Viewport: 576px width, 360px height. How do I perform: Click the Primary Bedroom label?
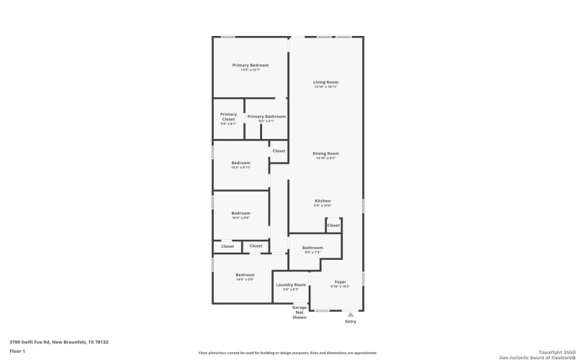[250, 66]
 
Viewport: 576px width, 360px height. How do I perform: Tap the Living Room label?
[325, 82]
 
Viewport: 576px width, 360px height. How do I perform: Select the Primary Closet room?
[228, 118]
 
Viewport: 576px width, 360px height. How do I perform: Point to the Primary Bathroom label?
[266, 117]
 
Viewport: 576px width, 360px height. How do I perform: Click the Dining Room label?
[325, 153]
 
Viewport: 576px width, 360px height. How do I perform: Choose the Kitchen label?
[323, 201]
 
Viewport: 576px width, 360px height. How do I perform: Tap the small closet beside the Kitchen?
[333, 225]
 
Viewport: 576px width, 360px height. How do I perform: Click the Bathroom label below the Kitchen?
[312, 248]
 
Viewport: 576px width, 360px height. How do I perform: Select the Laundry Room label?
[291, 285]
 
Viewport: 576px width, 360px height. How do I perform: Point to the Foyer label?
[340, 282]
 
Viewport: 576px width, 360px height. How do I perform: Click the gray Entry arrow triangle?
[351, 314]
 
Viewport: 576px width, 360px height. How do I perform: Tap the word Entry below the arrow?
[351, 321]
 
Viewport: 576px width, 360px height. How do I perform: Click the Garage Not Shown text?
[300, 312]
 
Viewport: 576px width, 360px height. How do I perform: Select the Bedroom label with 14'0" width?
[245, 275]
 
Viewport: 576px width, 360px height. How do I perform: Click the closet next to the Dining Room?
[279, 151]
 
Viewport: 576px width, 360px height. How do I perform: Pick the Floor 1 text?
[17, 351]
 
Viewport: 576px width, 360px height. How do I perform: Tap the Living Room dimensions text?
[325, 87]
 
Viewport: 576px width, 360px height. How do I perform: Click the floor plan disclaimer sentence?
[288, 353]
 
